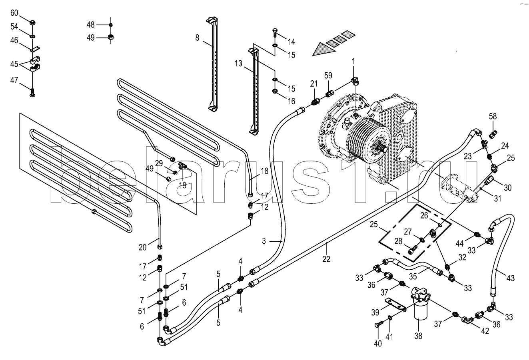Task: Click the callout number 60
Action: coord(14,13)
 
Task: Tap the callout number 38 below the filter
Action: coord(418,336)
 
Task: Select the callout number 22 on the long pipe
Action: coord(326,259)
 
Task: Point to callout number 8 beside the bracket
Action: coord(197,38)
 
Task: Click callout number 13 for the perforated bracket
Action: coord(238,64)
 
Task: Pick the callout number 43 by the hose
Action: coord(511,278)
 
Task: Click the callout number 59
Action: coord(328,76)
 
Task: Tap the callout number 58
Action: coord(493,116)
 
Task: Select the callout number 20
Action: coord(142,247)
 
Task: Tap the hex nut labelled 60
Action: coord(33,23)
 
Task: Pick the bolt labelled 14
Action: coord(275,33)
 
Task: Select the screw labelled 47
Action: coord(33,93)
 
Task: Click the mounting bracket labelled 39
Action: coord(395,305)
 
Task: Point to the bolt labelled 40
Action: coord(377,325)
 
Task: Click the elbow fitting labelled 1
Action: coord(355,81)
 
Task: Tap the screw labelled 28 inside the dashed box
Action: coord(413,250)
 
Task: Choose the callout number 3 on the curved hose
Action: coord(264,241)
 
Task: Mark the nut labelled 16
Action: coord(275,91)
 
